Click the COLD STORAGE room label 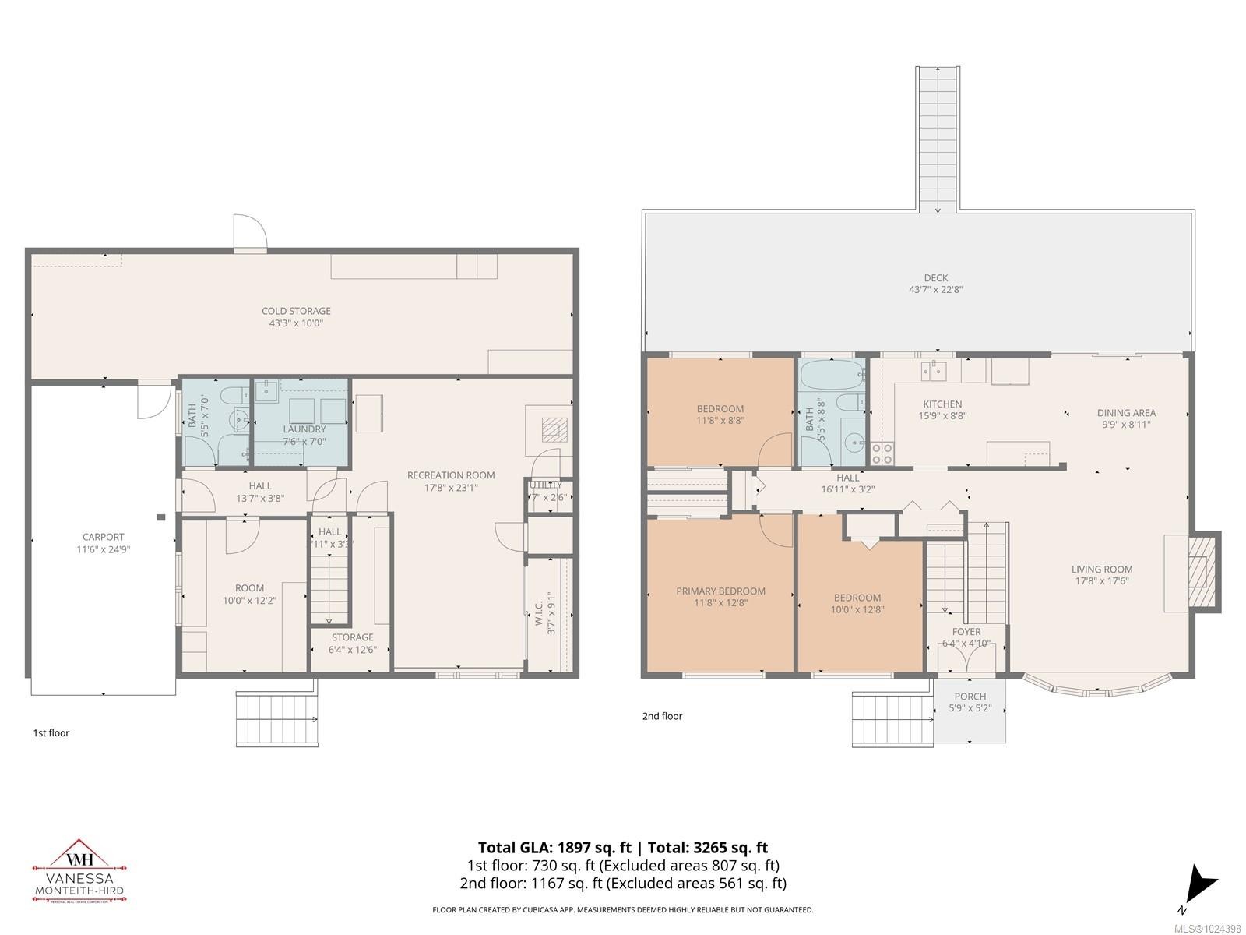click(x=296, y=311)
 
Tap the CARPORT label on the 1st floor click(x=104, y=537)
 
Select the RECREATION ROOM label click(x=450, y=475)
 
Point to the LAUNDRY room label click(x=304, y=429)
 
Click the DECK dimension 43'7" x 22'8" click(x=936, y=289)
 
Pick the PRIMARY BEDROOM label click(x=720, y=591)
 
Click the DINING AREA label click(x=1126, y=413)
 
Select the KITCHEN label click(x=942, y=404)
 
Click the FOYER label click(x=966, y=632)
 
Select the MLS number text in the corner click(x=1209, y=929)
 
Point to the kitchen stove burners click(x=882, y=453)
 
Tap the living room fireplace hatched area click(x=1203, y=572)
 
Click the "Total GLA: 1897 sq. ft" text click(x=554, y=848)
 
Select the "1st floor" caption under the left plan click(x=51, y=732)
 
